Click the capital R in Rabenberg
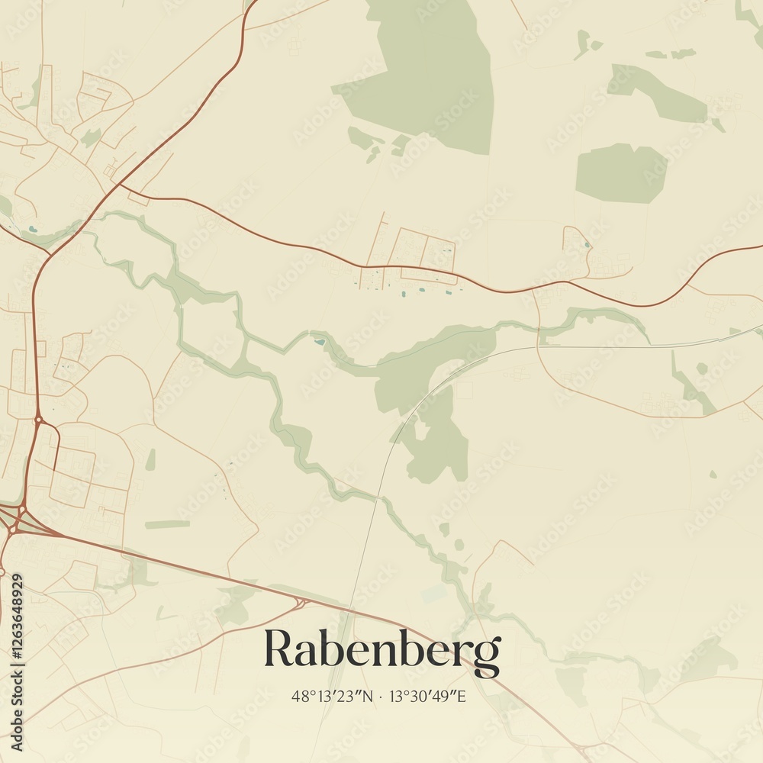(x=278, y=649)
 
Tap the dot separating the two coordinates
(x=381, y=696)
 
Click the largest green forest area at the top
(x=427, y=76)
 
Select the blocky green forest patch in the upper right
(x=620, y=172)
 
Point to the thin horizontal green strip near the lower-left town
(x=167, y=524)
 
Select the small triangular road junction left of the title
(x=302, y=603)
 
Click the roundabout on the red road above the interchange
(x=38, y=419)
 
